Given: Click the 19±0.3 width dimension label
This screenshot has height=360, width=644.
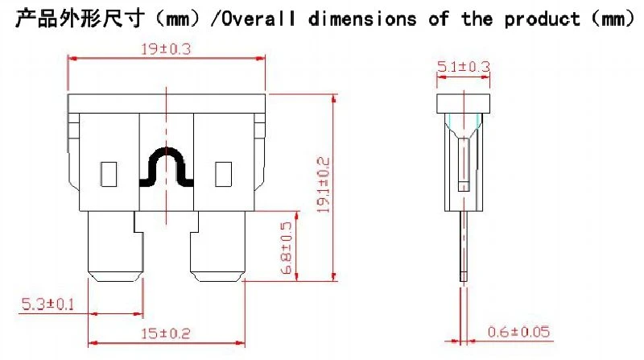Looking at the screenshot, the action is (166, 49).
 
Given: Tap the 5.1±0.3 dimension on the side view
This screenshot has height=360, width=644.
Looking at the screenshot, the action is (464, 67).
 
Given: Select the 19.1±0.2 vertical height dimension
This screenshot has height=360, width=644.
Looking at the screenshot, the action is (324, 185).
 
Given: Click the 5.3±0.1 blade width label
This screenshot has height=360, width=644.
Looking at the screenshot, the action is (47, 304).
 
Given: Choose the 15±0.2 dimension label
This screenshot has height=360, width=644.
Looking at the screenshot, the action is (166, 333).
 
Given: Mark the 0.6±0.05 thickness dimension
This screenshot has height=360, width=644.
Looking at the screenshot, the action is (518, 332).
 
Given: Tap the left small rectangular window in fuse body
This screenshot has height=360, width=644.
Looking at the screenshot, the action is (109, 174).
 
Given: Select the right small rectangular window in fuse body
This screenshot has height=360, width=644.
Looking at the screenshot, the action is (224, 174).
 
